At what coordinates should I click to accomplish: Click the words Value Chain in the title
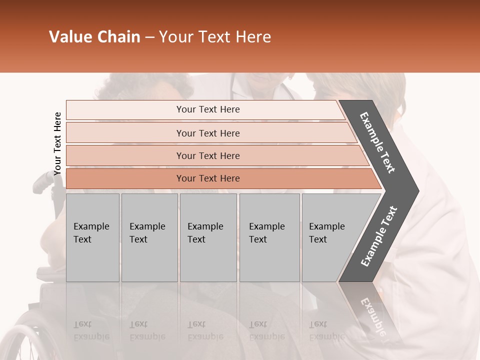pos(94,37)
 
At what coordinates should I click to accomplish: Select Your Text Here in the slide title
pos(215,37)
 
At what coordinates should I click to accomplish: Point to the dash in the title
pos(149,37)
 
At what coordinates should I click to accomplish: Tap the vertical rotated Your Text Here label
pos(57,143)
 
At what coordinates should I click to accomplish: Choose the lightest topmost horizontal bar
pos(207,109)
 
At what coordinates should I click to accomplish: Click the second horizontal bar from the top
pos(207,133)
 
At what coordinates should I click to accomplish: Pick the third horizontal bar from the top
pos(207,155)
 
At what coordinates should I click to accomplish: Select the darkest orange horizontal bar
pos(207,178)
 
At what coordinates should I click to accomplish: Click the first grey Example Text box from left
pos(92,237)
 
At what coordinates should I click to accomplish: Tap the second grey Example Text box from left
pos(149,237)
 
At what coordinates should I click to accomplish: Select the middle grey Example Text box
pos(208,237)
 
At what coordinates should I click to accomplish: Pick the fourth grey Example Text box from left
pos(269,237)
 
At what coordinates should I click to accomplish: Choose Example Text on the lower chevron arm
pos(378,236)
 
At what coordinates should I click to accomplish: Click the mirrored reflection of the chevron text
pos(372,315)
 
